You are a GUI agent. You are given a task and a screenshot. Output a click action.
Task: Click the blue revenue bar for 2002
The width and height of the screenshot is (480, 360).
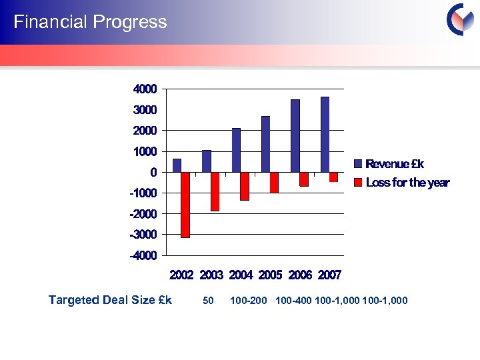[x=177, y=165]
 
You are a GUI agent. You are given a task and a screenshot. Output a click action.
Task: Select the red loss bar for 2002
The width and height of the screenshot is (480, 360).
[x=185, y=205]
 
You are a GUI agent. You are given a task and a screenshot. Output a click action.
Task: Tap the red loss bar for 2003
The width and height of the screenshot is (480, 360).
[x=215, y=191]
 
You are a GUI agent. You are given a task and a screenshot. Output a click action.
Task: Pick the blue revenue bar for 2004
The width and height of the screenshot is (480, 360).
[x=236, y=150]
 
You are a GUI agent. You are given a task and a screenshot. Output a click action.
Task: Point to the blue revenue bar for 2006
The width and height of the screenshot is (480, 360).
[x=295, y=136]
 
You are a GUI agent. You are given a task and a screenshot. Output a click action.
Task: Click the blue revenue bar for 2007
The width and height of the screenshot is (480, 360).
[x=325, y=135]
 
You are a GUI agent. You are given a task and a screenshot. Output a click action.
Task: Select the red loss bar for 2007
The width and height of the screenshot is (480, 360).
[x=333, y=177]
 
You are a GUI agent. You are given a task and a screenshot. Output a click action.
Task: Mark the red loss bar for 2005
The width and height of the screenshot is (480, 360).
[x=274, y=182]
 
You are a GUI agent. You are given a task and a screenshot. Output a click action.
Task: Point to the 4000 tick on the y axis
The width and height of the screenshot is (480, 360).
[x=146, y=89]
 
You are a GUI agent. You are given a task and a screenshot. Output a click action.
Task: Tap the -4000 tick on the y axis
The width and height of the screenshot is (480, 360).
[x=145, y=255]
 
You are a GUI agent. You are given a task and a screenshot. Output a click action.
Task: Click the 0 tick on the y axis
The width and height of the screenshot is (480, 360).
[x=153, y=172]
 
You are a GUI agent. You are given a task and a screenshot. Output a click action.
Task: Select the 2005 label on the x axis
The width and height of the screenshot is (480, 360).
[x=271, y=275]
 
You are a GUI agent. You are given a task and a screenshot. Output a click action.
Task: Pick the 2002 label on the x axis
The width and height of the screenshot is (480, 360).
[x=182, y=275]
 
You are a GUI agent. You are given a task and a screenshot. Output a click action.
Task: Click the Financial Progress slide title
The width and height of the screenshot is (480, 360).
[x=90, y=22]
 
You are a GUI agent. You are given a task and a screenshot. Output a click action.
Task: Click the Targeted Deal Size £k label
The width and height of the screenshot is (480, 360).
[x=110, y=300]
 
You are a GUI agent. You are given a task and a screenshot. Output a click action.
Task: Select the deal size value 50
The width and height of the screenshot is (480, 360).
[x=208, y=301]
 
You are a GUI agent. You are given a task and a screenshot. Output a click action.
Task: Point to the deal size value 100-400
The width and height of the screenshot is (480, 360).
[x=293, y=301]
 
